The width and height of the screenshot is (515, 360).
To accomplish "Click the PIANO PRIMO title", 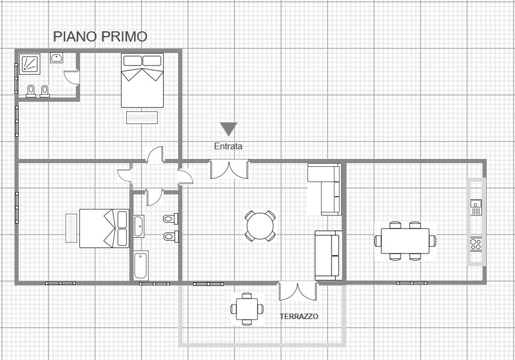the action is tap(100, 37).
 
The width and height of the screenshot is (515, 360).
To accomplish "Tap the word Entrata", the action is tap(228, 146).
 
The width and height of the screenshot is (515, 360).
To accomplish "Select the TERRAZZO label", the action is tap(299, 316).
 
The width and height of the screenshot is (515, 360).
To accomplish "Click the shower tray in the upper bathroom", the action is tap(29, 64).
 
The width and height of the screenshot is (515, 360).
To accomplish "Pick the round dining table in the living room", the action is tap(260, 226).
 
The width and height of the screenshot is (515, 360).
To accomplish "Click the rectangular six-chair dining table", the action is tap(406, 241).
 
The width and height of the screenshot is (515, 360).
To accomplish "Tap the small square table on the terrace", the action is tap(247, 309).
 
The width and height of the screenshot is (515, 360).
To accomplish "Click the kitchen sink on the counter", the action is tap(476, 207).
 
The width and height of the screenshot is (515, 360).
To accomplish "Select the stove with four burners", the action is tap(476, 244).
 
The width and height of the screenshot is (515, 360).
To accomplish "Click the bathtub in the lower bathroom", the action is tap(141, 265).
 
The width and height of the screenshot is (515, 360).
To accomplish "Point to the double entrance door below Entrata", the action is tap(229, 169).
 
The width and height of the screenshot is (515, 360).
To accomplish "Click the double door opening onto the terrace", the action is tap(298, 291).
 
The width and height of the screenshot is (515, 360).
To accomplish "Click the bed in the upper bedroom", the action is tap(142, 80).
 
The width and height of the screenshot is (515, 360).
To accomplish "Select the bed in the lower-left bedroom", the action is tap(105, 229).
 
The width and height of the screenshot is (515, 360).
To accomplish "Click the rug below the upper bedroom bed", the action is tap(142, 117).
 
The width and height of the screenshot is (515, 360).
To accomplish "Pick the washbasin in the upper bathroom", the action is tap(57, 58).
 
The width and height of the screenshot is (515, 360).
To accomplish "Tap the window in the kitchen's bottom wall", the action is tap(412, 283).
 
